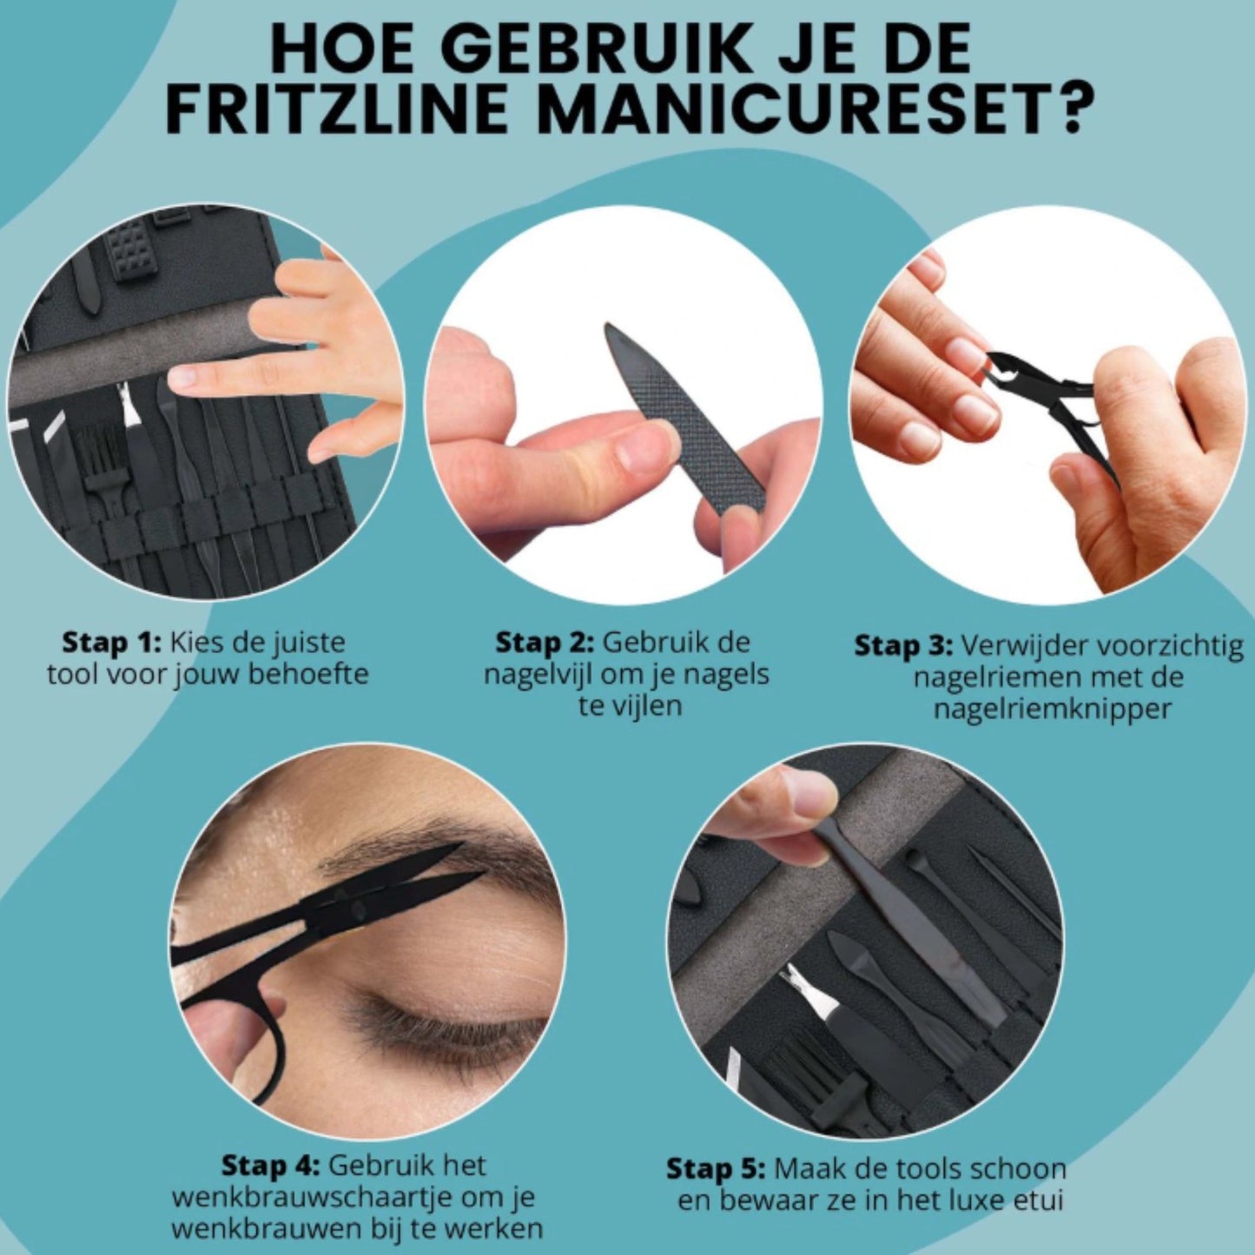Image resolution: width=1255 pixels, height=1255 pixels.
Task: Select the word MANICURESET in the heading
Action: pyautogui.click(x=794, y=109)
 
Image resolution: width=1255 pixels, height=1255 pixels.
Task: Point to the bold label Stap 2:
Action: pyautogui.click(x=544, y=643)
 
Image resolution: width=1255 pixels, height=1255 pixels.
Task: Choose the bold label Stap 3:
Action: pyautogui.click(x=903, y=646)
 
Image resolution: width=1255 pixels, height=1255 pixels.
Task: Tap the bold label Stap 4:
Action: pyautogui.click(x=271, y=1166)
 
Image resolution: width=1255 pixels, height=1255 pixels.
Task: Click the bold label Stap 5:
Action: pyautogui.click(x=716, y=1169)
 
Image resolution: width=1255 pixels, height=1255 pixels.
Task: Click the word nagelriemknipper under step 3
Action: pyautogui.click(x=1053, y=709)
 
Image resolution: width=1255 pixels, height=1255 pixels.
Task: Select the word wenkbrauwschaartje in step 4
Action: pyautogui.click(x=310, y=1198)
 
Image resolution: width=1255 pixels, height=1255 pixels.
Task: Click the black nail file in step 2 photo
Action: pyautogui.click(x=686, y=417)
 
